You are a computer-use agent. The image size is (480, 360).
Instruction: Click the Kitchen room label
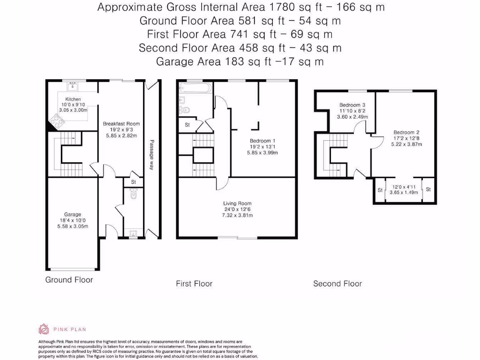(x=73, y=99)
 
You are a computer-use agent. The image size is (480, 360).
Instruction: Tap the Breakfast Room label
(x=121, y=124)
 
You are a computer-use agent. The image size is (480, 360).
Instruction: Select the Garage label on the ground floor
(x=73, y=214)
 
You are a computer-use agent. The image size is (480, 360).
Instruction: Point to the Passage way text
(x=152, y=155)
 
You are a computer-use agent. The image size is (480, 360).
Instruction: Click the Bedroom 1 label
(x=262, y=141)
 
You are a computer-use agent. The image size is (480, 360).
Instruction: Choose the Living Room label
(x=237, y=203)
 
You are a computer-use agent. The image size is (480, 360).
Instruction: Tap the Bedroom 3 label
(x=350, y=105)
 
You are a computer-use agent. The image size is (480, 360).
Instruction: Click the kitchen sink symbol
(x=73, y=86)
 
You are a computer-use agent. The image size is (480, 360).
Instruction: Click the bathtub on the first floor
(x=195, y=88)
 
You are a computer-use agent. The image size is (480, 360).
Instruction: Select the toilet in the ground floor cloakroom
(x=134, y=193)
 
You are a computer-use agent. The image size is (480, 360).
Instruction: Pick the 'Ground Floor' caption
(x=69, y=280)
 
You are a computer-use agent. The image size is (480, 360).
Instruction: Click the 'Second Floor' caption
(x=337, y=284)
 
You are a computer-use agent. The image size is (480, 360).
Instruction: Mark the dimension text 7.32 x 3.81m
(x=237, y=216)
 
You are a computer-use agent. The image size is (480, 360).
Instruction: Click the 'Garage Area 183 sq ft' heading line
(x=240, y=61)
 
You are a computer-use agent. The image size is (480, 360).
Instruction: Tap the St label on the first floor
(x=187, y=125)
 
